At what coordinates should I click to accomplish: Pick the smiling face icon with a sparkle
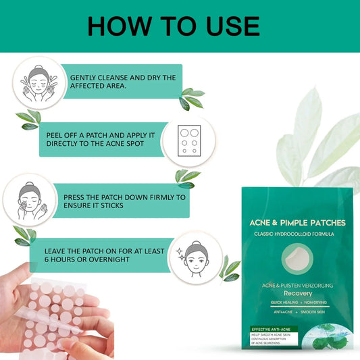(x=195, y=257)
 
